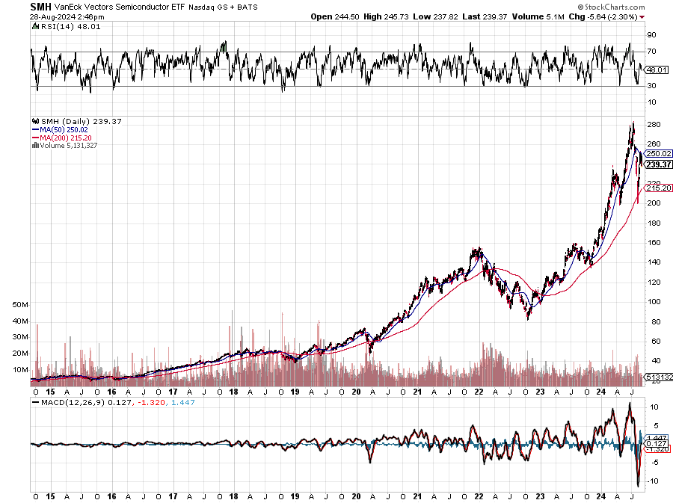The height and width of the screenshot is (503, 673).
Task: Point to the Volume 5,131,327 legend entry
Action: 67,145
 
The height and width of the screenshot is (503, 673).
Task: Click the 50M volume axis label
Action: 21,306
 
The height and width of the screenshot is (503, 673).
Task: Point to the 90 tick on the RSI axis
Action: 651,34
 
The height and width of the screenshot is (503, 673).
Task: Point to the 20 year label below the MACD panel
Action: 356,496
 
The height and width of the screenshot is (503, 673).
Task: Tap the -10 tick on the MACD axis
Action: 652,481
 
